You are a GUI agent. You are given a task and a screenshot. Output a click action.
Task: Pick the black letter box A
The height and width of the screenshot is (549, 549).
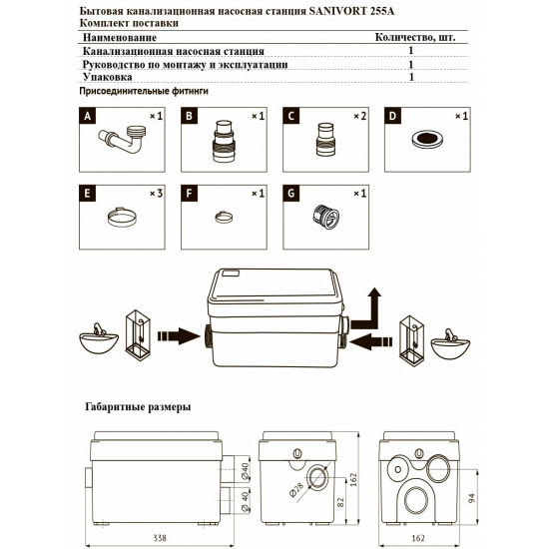click(x=88, y=117)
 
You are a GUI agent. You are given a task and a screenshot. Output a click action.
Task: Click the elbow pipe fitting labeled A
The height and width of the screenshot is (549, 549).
click(x=127, y=144)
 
